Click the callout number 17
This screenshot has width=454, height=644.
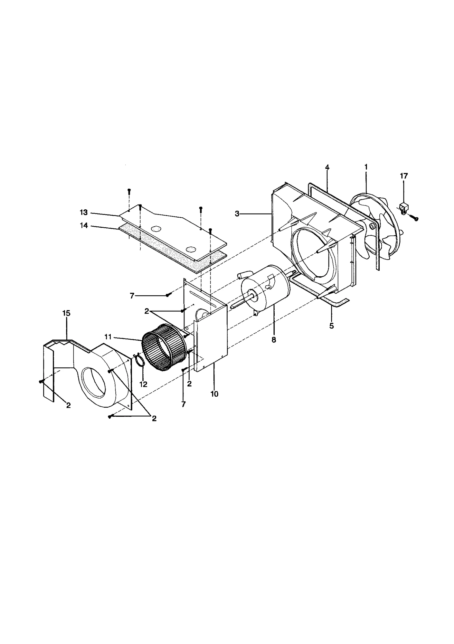click(x=404, y=176)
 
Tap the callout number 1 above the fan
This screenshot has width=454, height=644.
click(x=366, y=167)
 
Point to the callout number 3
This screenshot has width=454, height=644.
click(x=237, y=214)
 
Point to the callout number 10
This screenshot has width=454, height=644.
click(x=215, y=394)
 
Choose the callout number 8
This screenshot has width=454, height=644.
click(x=274, y=340)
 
